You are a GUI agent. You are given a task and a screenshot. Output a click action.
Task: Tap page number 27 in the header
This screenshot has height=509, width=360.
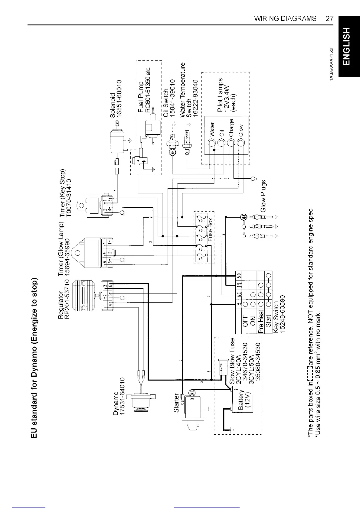click(329, 18)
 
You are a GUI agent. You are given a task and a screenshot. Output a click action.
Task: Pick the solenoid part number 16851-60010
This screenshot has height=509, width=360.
click(119, 99)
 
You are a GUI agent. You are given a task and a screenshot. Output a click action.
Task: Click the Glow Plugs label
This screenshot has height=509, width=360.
click(263, 196)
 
